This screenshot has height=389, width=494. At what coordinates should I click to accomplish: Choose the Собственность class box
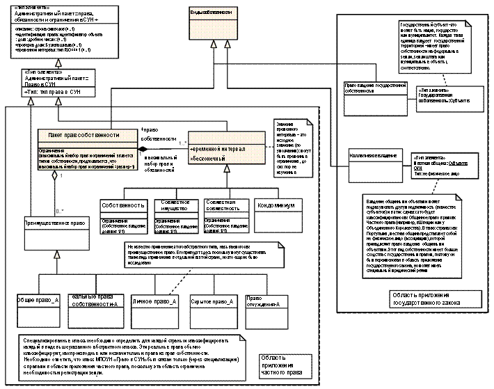tap(123, 206)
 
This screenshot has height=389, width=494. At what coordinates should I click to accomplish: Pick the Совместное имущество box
tap(170, 203)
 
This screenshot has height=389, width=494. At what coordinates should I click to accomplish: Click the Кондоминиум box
tap(278, 206)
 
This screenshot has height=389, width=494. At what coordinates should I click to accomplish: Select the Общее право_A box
tap(39, 301)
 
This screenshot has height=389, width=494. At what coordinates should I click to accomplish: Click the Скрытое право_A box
tap(213, 303)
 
